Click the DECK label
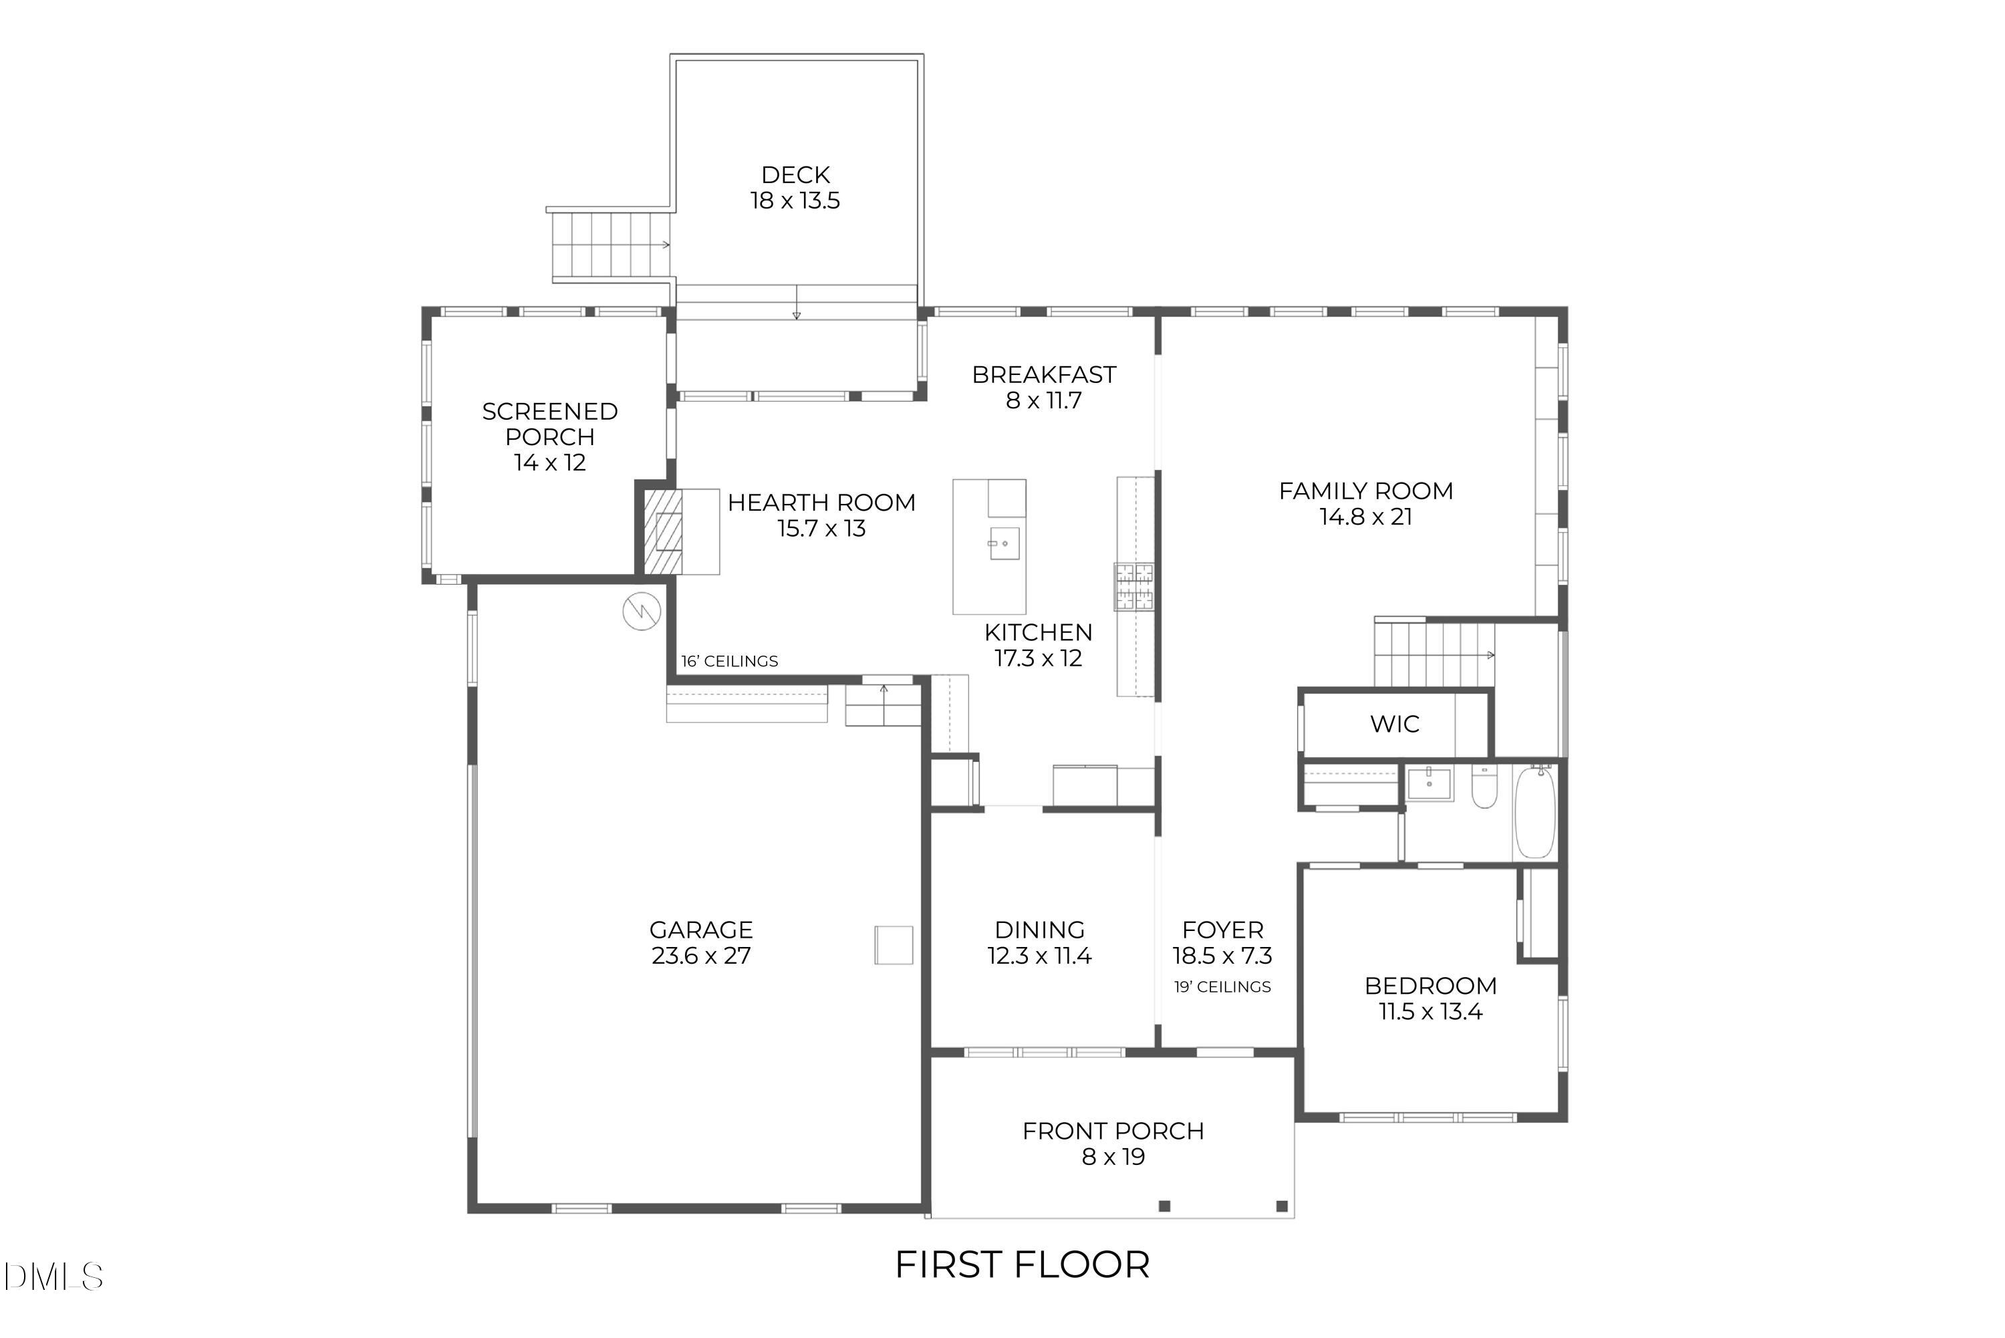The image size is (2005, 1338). tap(795, 175)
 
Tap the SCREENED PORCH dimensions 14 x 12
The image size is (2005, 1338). tap(549, 462)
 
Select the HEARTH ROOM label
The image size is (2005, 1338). tap(821, 503)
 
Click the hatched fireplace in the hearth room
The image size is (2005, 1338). tap(662, 531)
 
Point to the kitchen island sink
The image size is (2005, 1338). tap(1005, 543)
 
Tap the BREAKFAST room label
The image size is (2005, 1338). tap(1043, 375)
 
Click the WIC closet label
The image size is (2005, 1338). tap(1395, 724)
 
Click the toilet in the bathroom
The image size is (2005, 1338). tap(1484, 787)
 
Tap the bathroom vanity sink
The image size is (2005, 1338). tap(1429, 783)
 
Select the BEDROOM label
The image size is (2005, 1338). tap(1430, 986)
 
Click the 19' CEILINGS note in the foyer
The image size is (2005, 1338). tap(1222, 987)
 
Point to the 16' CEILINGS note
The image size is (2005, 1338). tap(729, 662)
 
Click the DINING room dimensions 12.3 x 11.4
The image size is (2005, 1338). tap(1039, 956)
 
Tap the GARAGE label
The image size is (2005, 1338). tap(700, 930)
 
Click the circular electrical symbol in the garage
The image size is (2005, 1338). tap(642, 611)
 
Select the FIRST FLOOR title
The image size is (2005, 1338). tap(1022, 1264)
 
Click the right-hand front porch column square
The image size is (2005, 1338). tap(1281, 1206)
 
